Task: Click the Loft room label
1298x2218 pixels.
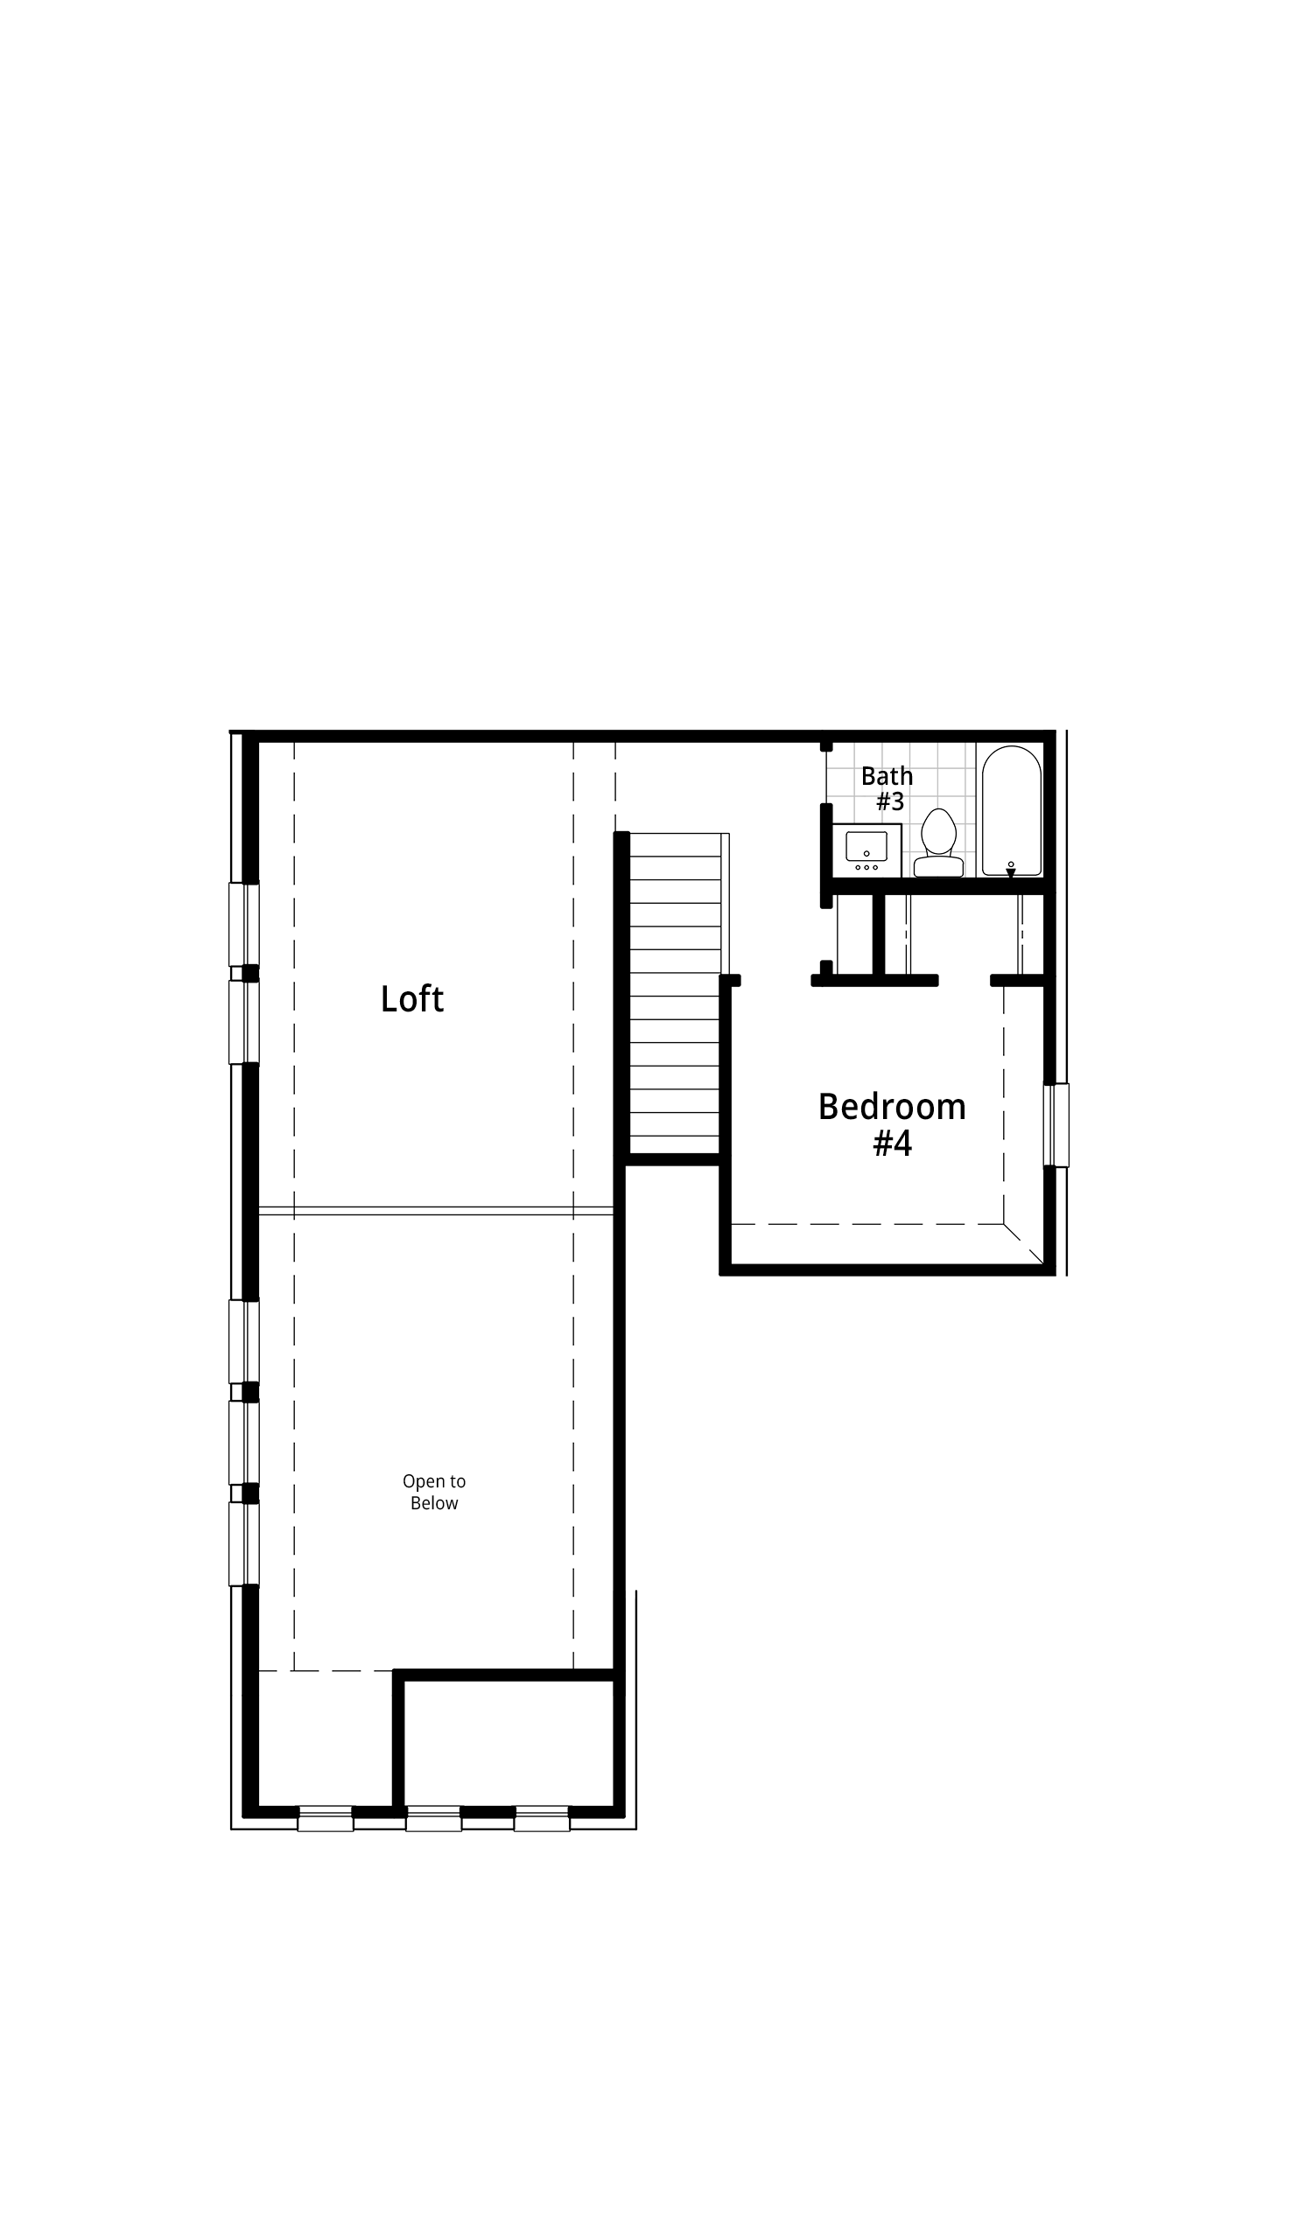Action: coord(412,999)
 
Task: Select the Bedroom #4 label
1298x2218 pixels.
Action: coord(892,1124)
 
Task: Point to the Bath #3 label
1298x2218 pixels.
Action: coord(888,788)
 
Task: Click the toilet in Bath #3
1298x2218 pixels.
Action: coord(939,843)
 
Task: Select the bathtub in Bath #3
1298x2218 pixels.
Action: coord(1012,810)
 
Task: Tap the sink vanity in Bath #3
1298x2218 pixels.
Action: coord(867,850)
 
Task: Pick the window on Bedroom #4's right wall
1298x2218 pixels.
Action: coord(1056,1125)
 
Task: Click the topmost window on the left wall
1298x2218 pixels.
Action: coord(244,924)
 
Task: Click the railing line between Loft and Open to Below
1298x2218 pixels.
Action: coord(436,1211)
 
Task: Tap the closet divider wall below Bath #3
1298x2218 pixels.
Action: coord(878,934)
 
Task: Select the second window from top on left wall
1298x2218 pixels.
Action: coord(244,1023)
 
